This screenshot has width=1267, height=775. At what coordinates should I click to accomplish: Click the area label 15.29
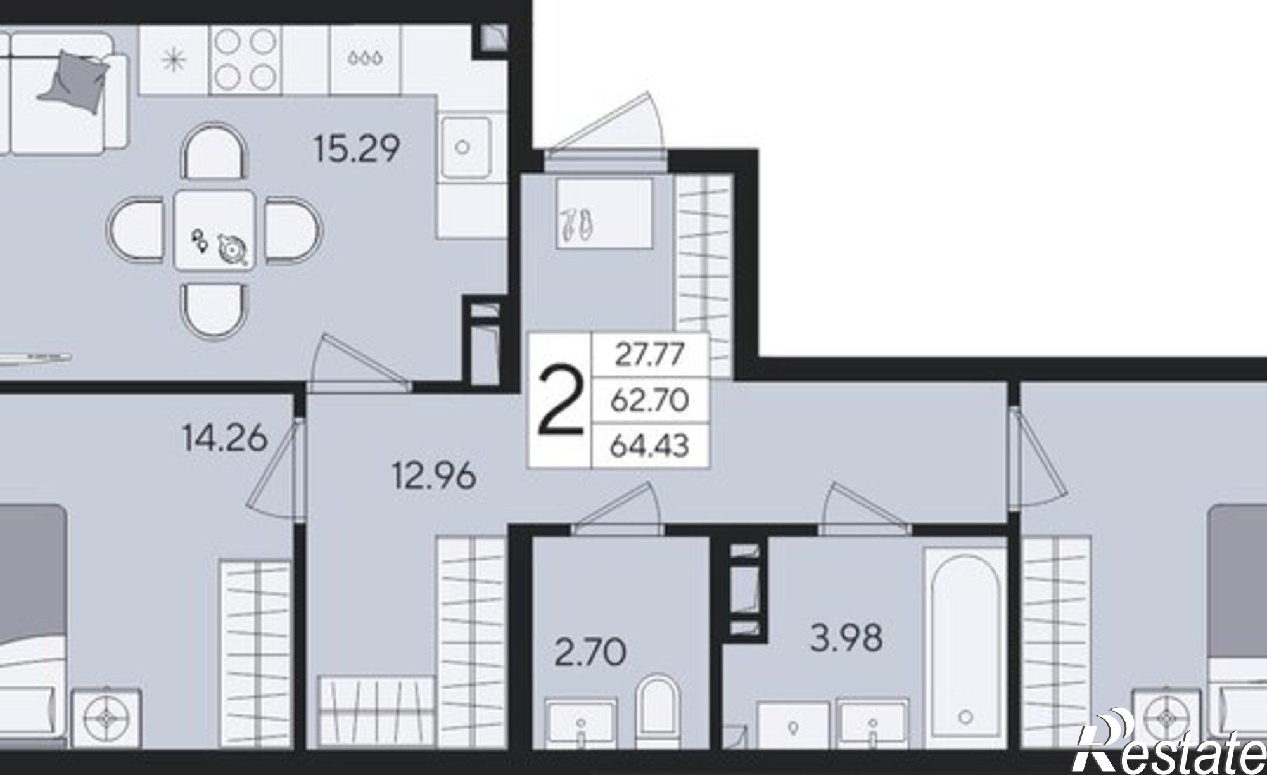(x=357, y=150)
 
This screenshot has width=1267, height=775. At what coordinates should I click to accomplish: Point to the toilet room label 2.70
(x=590, y=653)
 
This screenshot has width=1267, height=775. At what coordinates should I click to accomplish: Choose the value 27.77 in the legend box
(x=650, y=354)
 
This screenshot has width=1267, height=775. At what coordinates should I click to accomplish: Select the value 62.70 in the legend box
(x=650, y=400)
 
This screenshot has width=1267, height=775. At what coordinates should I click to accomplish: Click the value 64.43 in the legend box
(x=650, y=447)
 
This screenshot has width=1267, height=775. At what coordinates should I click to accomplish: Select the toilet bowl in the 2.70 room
(x=657, y=711)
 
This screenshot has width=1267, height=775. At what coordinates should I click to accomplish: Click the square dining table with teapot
(x=215, y=229)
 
